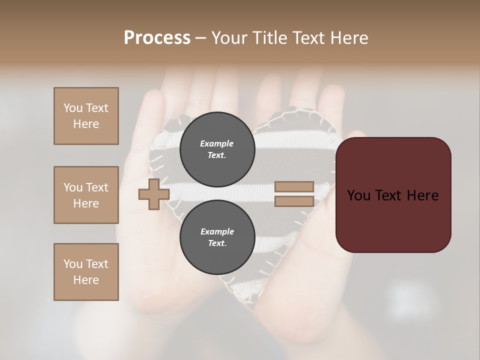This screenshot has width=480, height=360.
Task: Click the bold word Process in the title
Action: pos(157,38)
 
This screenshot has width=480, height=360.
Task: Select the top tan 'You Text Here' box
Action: pos(86,116)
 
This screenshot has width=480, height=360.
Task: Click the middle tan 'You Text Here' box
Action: pos(86,195)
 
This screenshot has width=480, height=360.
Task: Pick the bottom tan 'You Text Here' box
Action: pos(86,272)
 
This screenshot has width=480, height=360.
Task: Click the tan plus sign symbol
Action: pos(154,194)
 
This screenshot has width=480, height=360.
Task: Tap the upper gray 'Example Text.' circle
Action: pos(216,149)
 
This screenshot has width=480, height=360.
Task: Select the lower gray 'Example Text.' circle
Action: pos(216,237)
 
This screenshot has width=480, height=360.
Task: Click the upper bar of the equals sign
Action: pos(294,187)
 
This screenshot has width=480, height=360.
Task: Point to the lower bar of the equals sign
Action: pos(294,201)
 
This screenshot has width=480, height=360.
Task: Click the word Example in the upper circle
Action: pos(216,143)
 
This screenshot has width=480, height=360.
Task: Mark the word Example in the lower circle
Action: pos(216,231)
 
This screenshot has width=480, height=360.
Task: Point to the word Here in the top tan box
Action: pos(86,124)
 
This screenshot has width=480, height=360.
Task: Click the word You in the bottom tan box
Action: pos(73,264)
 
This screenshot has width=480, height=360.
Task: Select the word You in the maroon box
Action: pos(358,195)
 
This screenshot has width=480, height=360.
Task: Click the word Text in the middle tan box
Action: pos(97,187)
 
